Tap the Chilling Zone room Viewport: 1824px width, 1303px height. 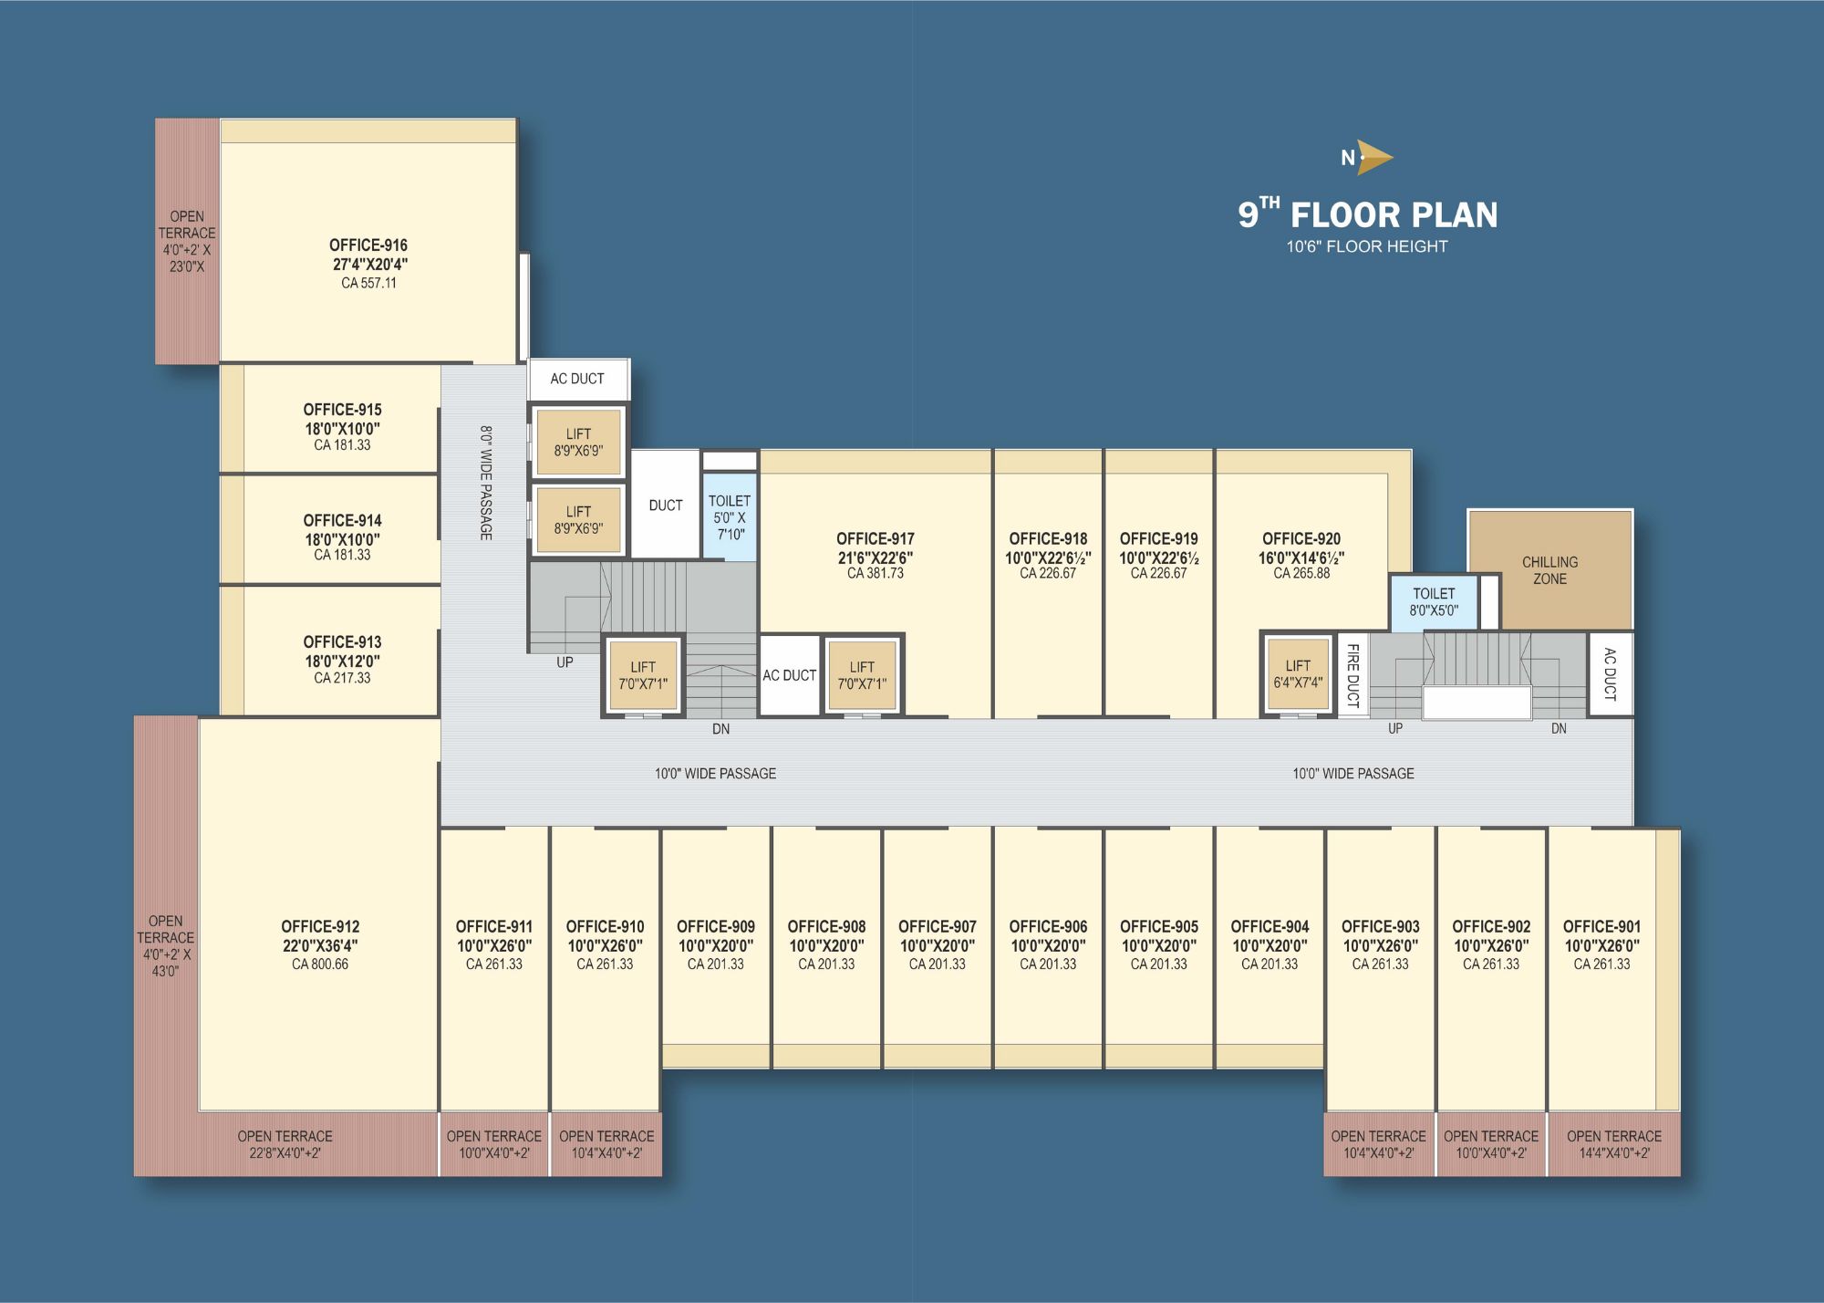1549,570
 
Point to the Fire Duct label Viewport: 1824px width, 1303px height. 1352,675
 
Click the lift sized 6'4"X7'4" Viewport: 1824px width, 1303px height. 1298,673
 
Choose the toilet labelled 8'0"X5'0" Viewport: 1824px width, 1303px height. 1434,602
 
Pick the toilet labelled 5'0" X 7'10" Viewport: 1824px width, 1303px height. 730,516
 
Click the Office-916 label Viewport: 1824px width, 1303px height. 368,245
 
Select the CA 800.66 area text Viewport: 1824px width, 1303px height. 320,964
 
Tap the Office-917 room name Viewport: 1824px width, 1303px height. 876,539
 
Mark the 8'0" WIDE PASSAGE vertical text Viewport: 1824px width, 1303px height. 486,483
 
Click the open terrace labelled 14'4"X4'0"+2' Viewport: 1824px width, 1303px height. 1614,1144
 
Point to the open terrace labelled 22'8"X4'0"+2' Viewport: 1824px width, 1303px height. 285,1144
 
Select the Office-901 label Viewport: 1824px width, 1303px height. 1601,927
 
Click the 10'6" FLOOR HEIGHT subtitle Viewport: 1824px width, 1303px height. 1367,246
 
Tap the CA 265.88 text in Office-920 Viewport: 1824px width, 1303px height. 1301,574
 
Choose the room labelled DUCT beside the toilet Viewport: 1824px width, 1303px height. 666,505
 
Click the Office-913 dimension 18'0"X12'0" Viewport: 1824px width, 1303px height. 342,661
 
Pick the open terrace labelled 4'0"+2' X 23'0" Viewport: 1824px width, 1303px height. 187,242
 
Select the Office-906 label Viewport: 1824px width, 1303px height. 1048,927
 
